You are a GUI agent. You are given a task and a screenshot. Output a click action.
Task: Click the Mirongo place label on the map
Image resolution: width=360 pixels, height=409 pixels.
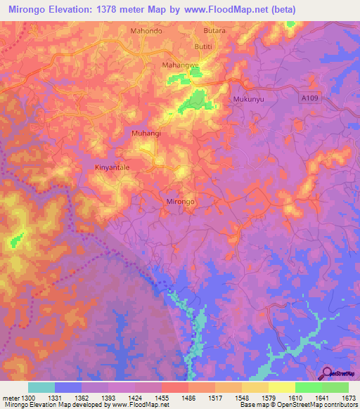tap(180, 201)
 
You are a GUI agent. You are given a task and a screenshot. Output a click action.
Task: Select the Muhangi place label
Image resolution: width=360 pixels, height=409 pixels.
tap(146, 133)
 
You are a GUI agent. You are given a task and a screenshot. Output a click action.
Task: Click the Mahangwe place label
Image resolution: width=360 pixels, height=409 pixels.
tap(181, 65)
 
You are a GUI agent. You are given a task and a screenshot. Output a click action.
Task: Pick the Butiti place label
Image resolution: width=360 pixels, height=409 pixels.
tap(204, 45)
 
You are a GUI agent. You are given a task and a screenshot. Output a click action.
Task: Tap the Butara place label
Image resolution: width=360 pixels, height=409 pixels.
tap(214, 32)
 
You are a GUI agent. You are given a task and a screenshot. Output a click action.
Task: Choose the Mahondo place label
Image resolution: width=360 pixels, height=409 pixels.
tap(146, 32)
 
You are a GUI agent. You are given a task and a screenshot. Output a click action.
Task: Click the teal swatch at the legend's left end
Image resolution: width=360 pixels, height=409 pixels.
tap(41, 387)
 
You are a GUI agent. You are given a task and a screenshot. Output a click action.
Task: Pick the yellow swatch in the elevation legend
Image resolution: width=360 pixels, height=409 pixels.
tap(282, 387)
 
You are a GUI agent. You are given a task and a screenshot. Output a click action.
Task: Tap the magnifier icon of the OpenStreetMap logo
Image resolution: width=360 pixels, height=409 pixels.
tap(328, 374)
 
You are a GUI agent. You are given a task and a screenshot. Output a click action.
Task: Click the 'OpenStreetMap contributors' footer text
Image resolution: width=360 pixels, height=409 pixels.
tap(316, 405)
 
